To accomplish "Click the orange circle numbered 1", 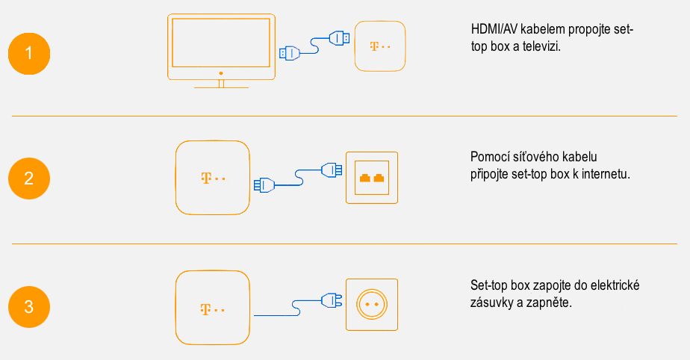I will [x=29, y=54].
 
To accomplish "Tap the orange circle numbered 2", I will [x=29, y=179].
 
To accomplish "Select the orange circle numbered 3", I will [x=29, y=307].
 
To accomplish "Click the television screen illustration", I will [x=221, y=43].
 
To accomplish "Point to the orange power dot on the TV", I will [x=221, y=73].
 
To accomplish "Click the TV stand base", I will [x=221, y=87].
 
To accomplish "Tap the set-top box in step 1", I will [x=380, y=46].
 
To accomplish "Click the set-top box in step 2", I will [x=213, y=178].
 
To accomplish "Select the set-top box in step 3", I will [x=213, y=307].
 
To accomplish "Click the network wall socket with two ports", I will [x=372, y=179].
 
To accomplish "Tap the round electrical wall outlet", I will [x=372, y=305].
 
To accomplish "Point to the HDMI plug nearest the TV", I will [x=290, y=53].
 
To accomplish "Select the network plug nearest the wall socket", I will [x=332, y=171].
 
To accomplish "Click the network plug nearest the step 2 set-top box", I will [x=264, y=184].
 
